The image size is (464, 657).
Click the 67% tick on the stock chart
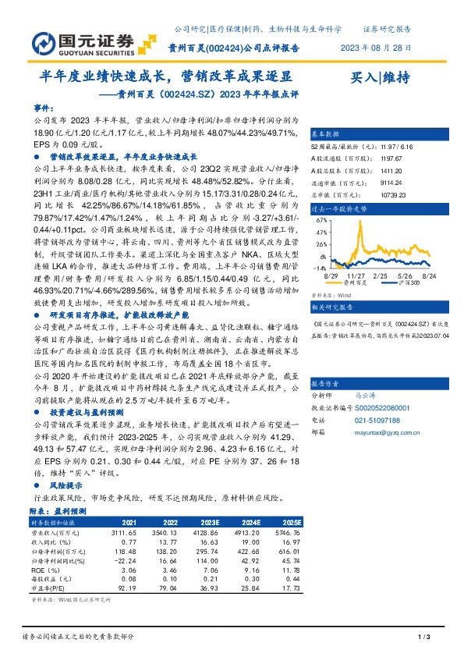tap(321, 220)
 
